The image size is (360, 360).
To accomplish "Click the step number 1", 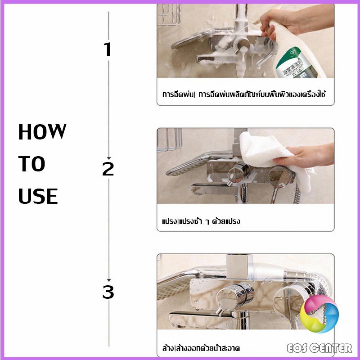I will tap(107, 49).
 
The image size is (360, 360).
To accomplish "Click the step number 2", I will tap(108, 169).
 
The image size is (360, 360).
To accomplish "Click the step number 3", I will tap(108, 293).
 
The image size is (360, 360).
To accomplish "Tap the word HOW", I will tap(42, 133).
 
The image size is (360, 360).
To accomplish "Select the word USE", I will tap(38, 197).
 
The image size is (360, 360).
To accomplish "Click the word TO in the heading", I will tap(31, 165).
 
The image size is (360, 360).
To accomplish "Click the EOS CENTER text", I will tap(320, 347).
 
